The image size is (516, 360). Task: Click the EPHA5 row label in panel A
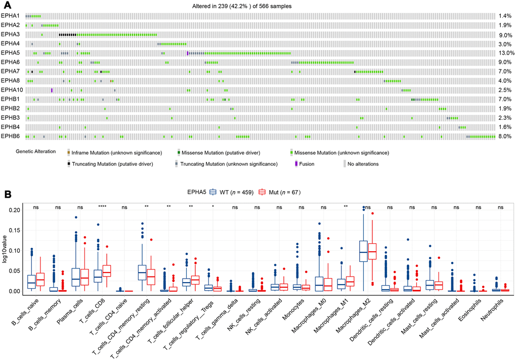(x=10, y=53)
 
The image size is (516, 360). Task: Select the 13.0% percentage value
(x=506, y=53)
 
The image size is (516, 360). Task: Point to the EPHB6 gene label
(x=10, y=136)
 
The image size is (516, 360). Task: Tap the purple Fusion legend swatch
(x=296, y=164)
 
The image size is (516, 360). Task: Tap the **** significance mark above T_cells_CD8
(x=102, y=207)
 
